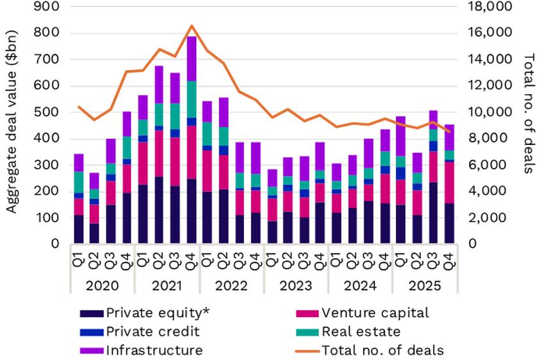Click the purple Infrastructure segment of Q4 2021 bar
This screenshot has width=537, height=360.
(x=191, y=59)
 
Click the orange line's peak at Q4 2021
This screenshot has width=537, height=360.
(x=191, y=26)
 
